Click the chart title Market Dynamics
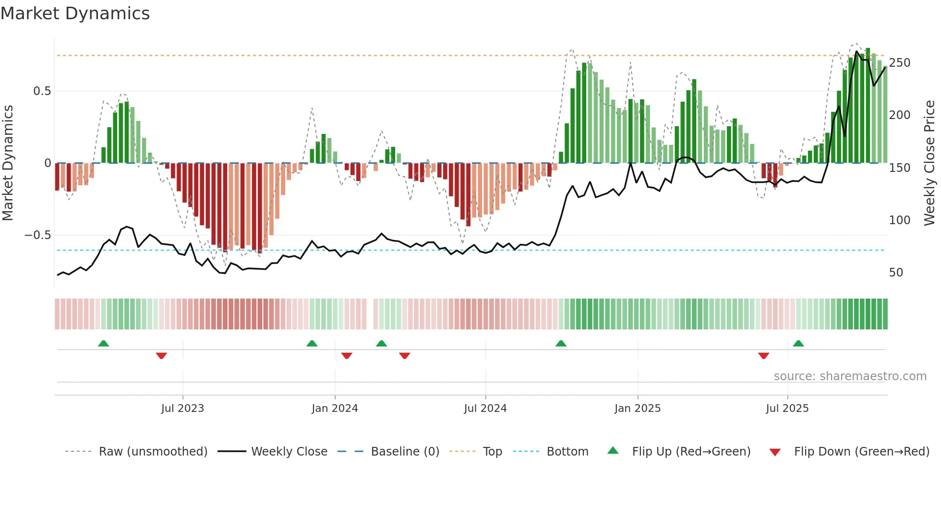[75, 13]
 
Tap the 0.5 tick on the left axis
[42, 91]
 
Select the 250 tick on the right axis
[899, 63]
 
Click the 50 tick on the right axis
[896, 273]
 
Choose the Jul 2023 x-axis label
[182, 409]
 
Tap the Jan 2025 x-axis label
[638, 409]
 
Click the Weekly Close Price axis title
[929, 163]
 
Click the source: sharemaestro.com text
[850, 376]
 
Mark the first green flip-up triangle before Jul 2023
[103, 343]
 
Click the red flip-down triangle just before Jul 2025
[763, 356]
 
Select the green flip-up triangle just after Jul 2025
[798, 343]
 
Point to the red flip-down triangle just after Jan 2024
[347, 356]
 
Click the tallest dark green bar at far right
[868, 106]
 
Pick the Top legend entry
[492, 452]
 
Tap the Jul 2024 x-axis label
[485, 409]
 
